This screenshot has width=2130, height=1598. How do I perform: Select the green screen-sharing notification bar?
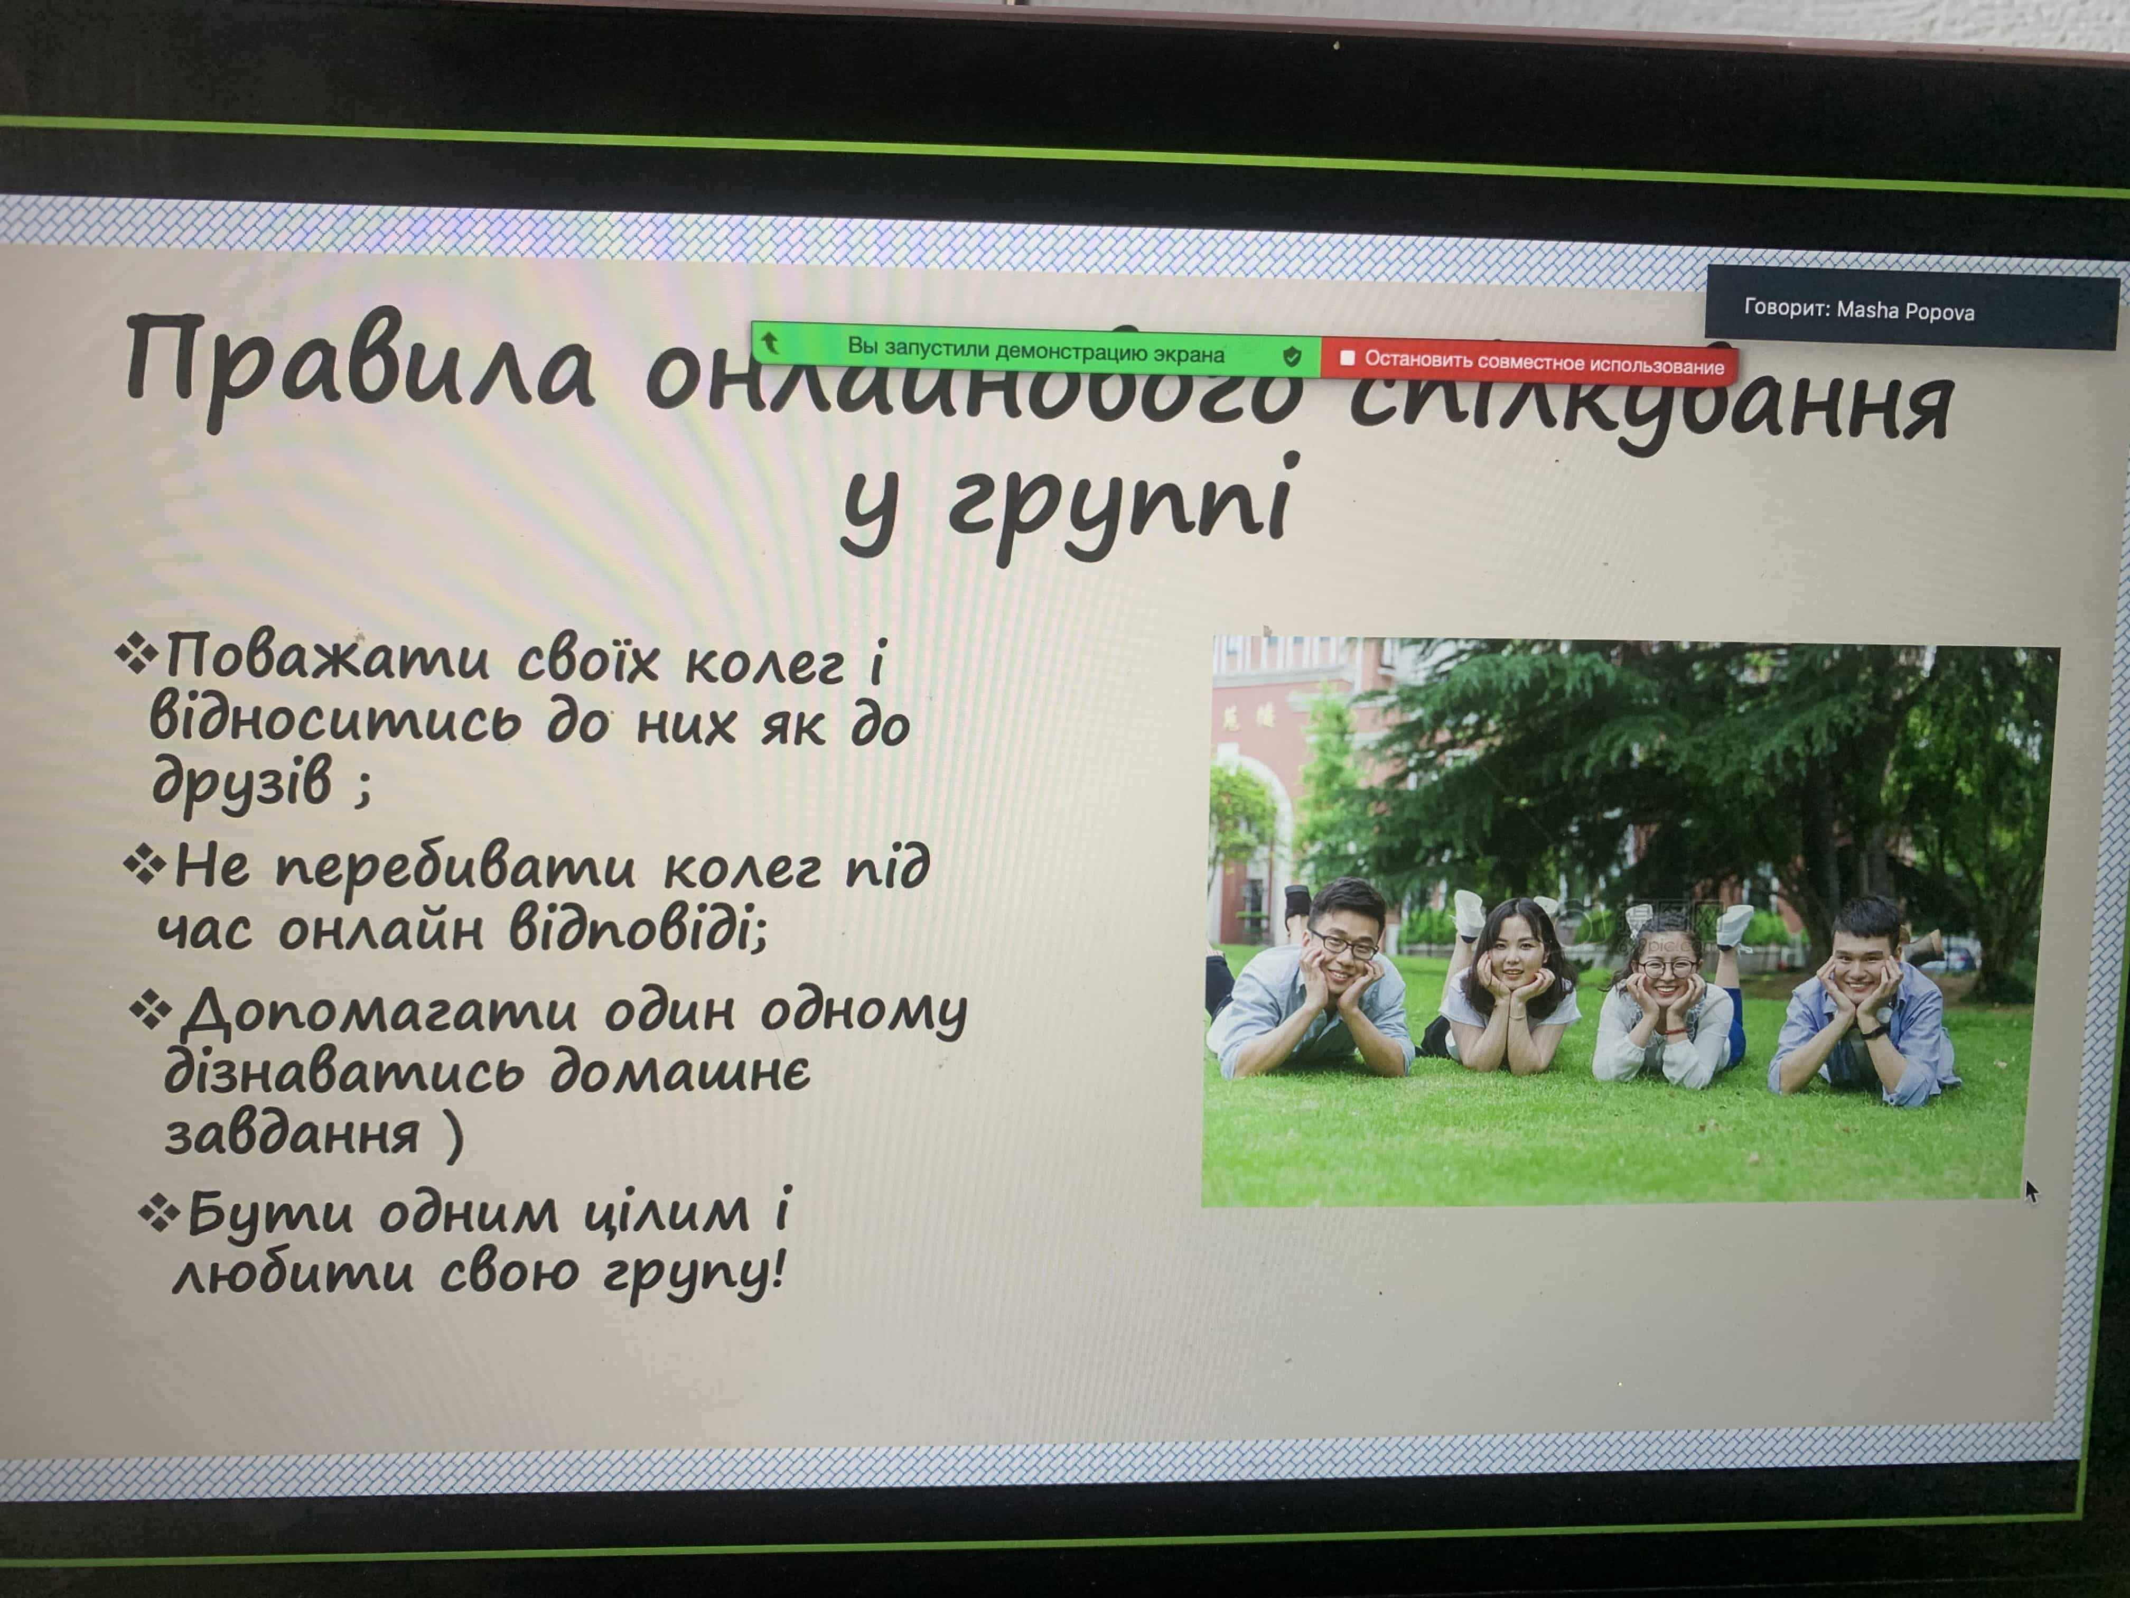pyautogui.click(x=1035, y=349)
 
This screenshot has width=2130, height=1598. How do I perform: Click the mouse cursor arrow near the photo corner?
pyautogui.click(x=2030, y=1191)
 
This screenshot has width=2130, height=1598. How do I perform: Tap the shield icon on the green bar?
pyautogui.click(x=1291, y=356)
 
